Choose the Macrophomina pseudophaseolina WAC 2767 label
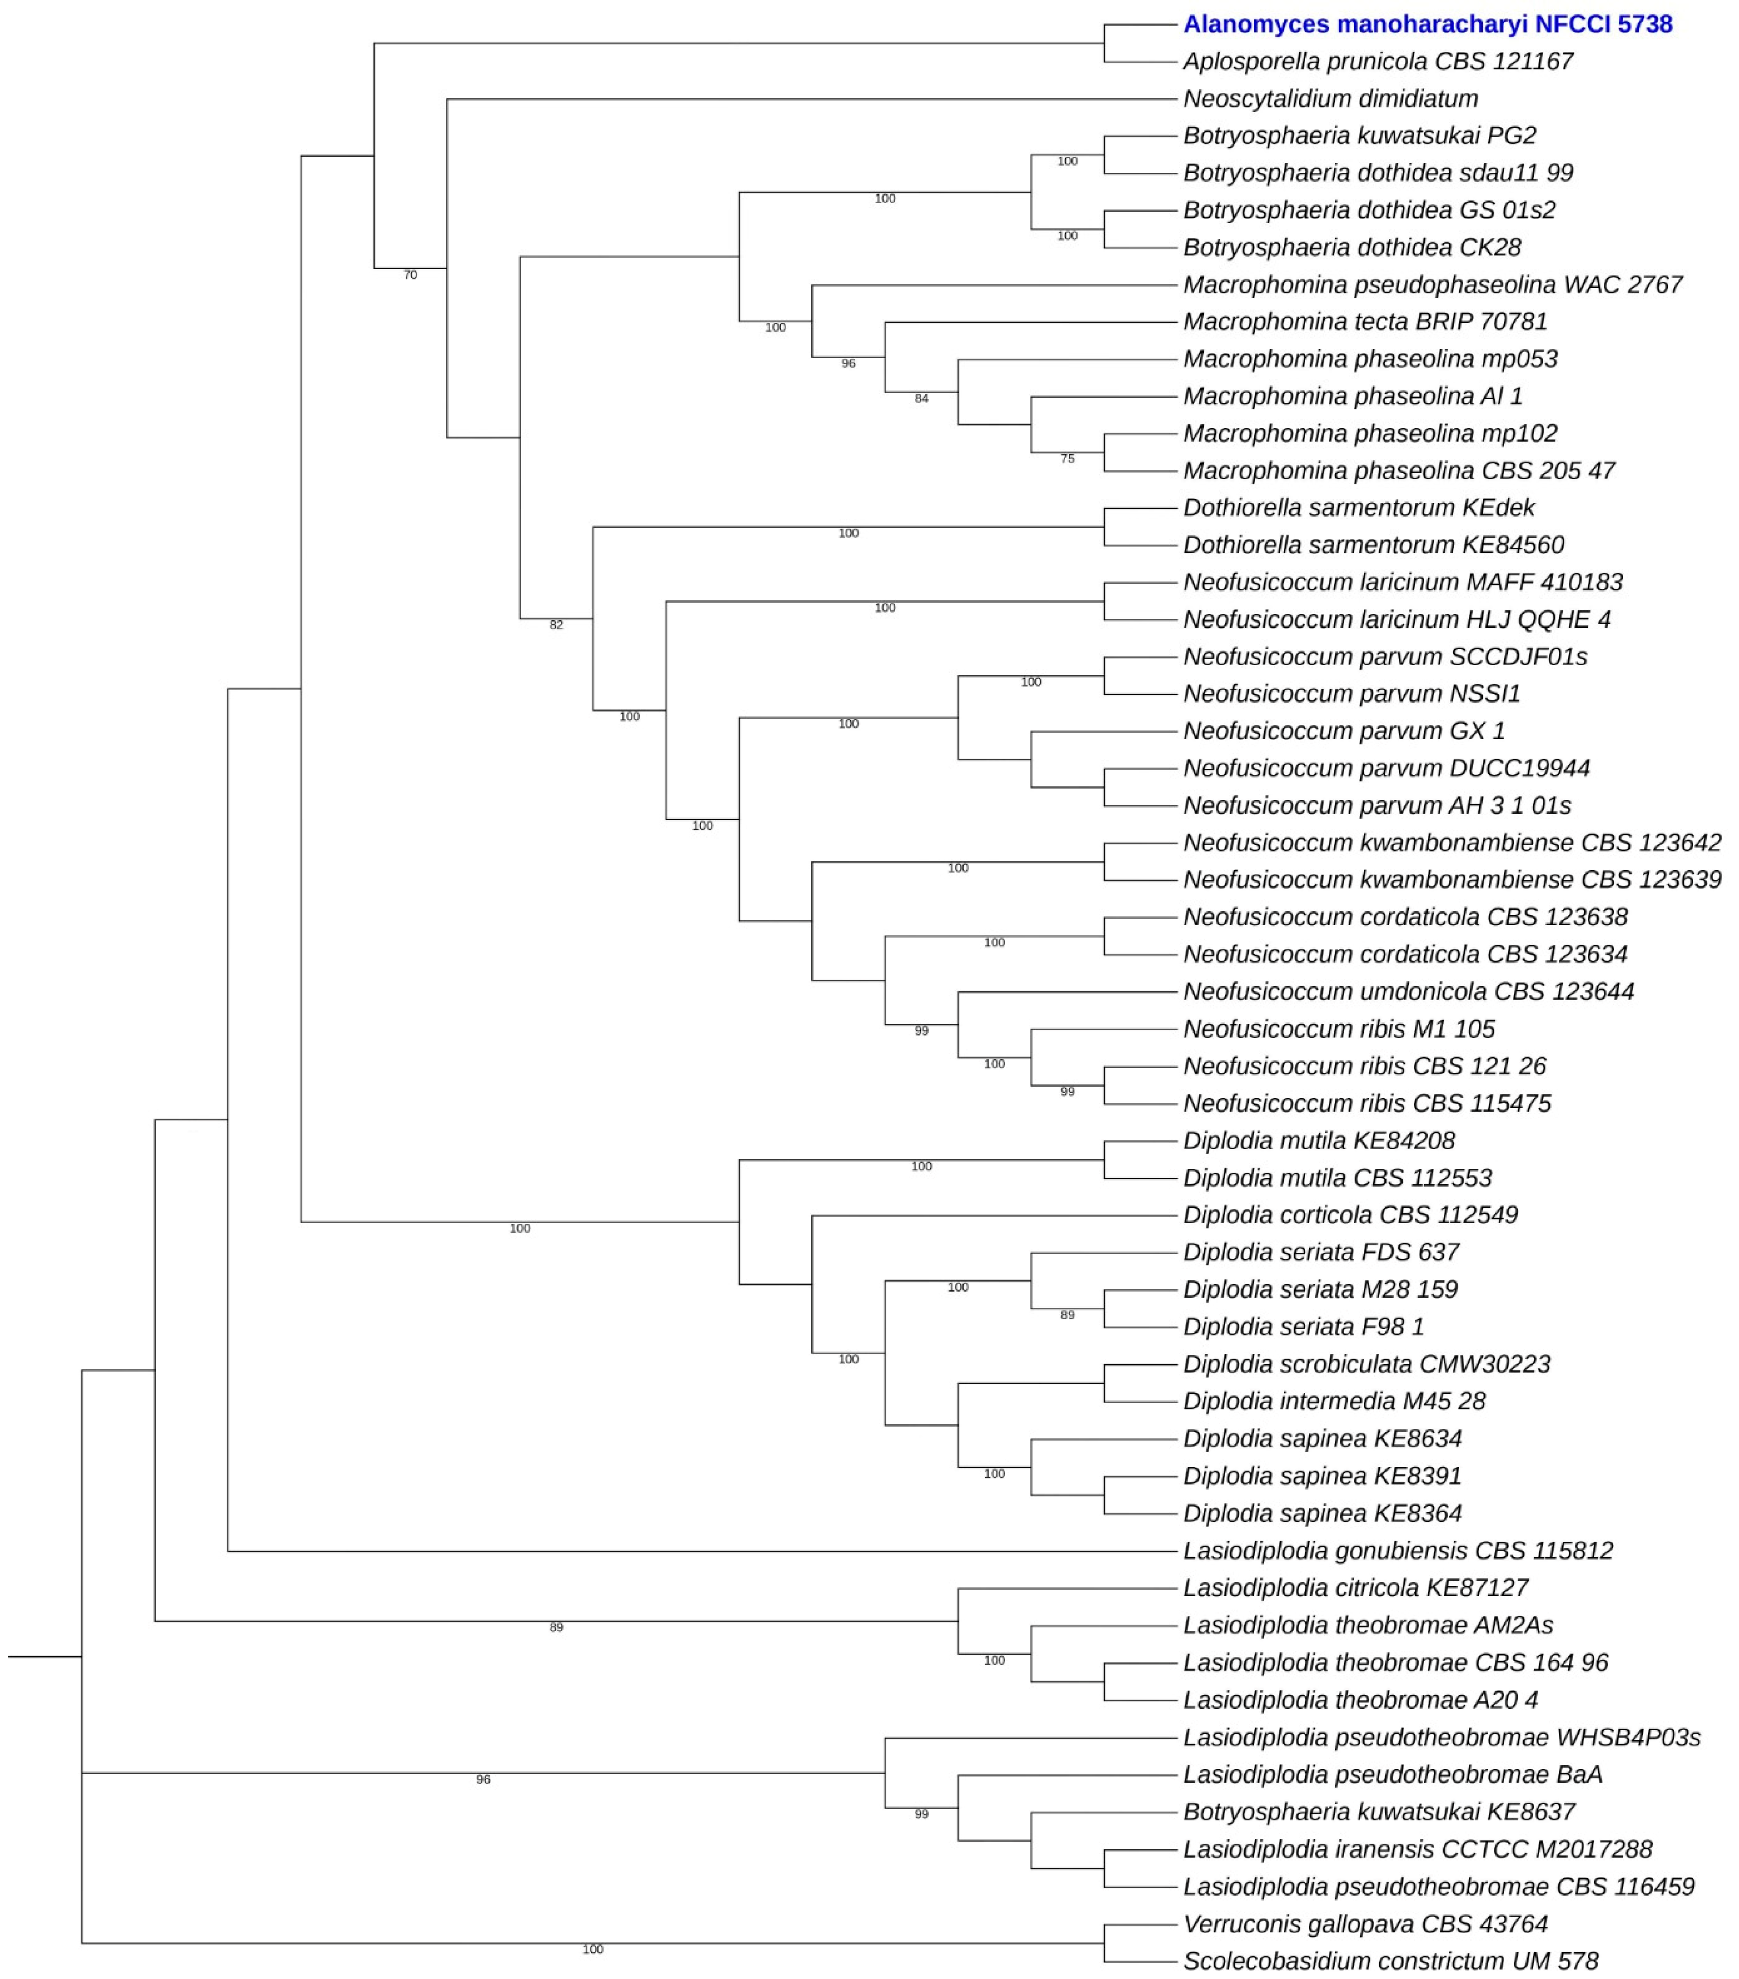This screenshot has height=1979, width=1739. coord(1432,284)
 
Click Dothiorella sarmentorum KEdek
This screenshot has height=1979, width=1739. coord(1359,507)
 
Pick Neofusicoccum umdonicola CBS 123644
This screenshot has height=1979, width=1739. coord(1408,991)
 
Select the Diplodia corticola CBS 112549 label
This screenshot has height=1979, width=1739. coord(1350,1215)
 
